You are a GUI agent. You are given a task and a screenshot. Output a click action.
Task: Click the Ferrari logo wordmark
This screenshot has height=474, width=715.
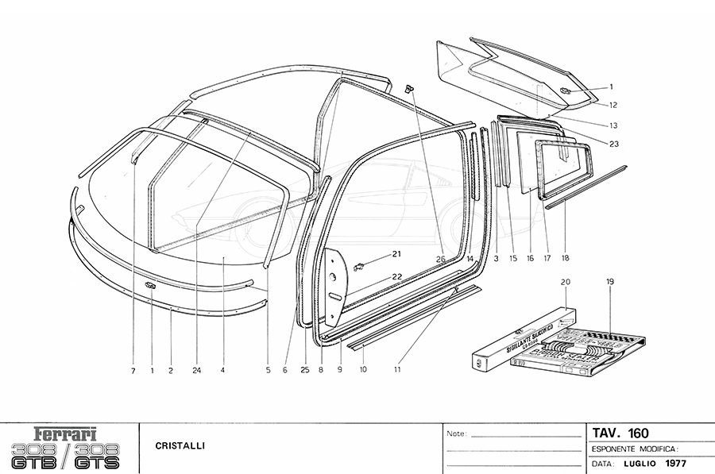pos(67,435)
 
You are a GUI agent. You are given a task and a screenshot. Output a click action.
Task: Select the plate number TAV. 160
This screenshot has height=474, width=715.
pos(620,433)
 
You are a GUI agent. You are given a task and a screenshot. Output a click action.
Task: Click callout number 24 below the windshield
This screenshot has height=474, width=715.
pos(196,369)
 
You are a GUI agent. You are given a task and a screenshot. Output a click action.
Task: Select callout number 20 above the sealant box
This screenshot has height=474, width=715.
pos(566,282)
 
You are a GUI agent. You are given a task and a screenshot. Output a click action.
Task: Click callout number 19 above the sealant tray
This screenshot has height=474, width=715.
pos(611,282)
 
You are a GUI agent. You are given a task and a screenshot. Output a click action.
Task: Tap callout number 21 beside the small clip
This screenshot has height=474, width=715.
pos(397,254)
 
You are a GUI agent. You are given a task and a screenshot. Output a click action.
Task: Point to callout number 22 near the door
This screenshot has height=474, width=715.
pos(397,276)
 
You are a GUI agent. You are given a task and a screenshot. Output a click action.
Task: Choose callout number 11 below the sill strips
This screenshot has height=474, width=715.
pos(397,369)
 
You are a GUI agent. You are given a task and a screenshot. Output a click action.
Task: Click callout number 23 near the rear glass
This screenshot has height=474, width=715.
pos(614,144)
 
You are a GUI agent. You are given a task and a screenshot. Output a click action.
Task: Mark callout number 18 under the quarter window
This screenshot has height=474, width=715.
pos(565,258)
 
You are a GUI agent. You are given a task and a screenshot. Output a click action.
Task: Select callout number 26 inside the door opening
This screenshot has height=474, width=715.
pos(439,258)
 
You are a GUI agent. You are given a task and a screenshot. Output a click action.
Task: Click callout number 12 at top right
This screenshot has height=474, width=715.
pos(614,105)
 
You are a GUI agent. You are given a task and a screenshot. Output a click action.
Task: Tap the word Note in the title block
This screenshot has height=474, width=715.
pos(456,435)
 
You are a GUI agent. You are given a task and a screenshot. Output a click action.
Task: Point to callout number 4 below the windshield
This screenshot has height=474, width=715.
pos(223,369)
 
